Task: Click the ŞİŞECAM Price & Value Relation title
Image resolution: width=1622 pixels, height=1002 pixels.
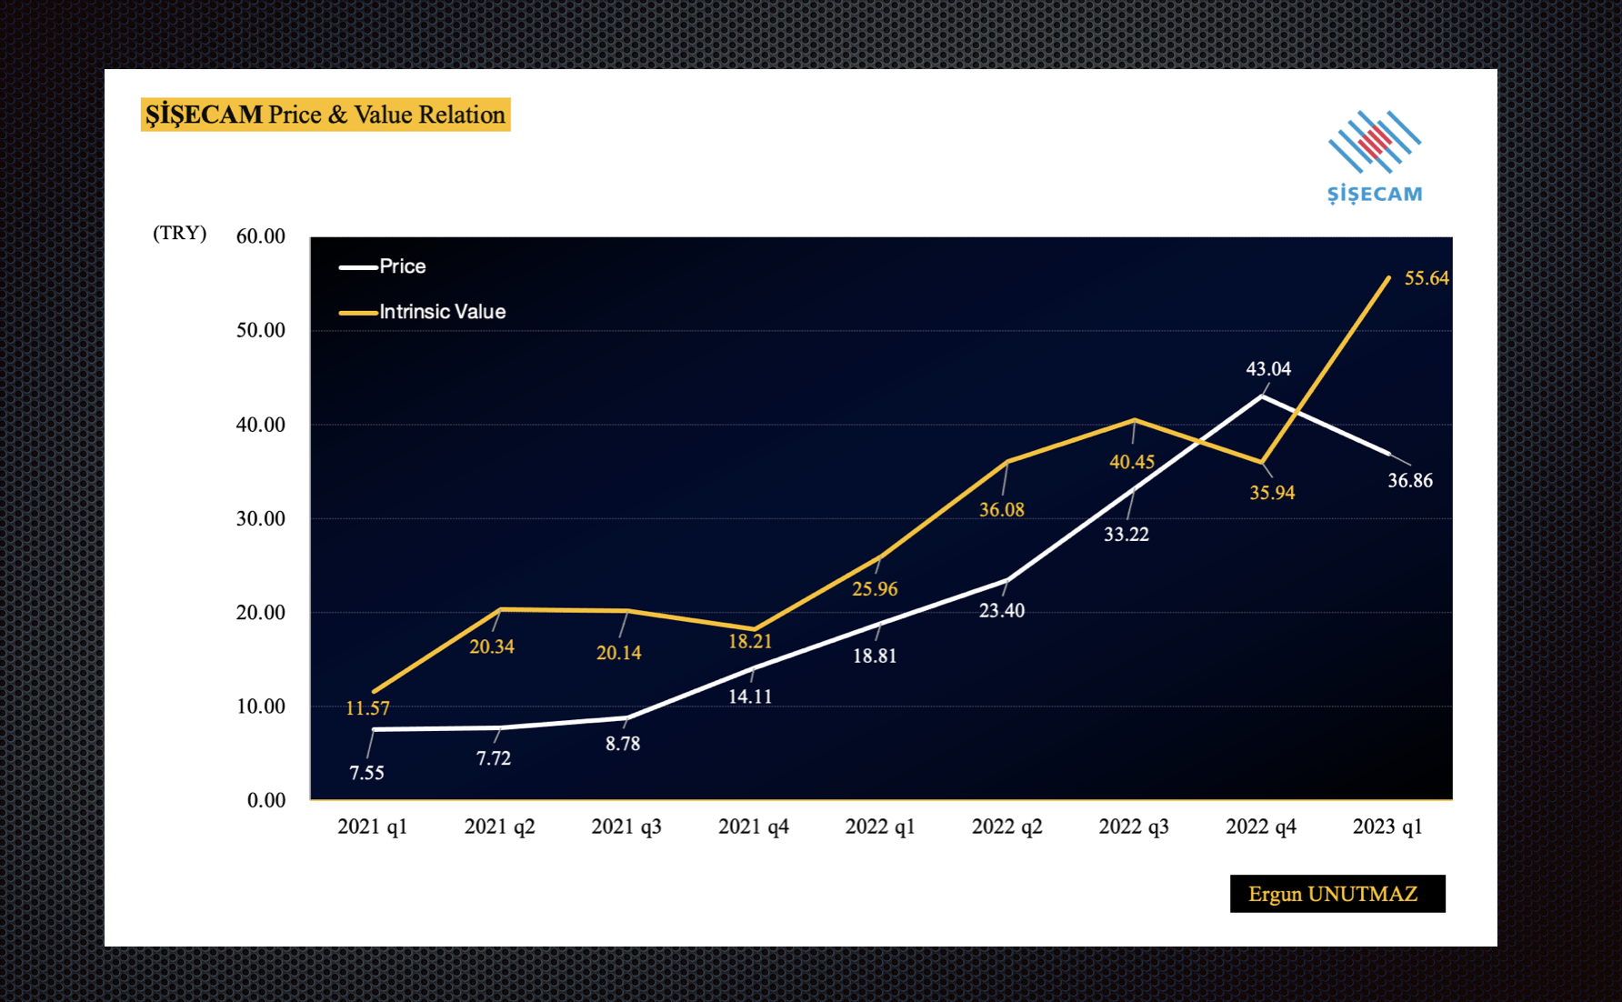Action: (x=325, y=115)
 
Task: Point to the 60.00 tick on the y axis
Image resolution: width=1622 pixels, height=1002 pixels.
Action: (x=260, y=236)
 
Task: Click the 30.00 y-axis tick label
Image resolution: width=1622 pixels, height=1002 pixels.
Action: (x=260, y=518)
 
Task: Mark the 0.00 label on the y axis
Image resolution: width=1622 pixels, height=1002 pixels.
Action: (x=265, y=800)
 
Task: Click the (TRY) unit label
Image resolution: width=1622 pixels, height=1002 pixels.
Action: (x=179, y=233)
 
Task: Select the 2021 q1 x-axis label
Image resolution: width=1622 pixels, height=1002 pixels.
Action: (x=372, y=827)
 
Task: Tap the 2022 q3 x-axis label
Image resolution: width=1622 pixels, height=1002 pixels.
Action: (x=1134, y=827)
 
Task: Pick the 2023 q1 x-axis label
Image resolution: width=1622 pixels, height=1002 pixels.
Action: (x=1387, y=827)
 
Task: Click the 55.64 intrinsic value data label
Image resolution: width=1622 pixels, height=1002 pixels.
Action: (x=1426, y=278)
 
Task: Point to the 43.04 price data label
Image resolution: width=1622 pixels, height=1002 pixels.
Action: (x=1268, y=368)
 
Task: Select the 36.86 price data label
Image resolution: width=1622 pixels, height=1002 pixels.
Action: (x=1409, y=480)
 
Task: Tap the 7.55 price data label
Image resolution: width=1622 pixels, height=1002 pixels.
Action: (x=366, y=773)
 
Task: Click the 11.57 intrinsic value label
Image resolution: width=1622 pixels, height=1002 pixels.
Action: (x=367, y=708)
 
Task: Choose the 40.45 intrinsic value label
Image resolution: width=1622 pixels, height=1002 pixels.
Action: (x=1131, y=462)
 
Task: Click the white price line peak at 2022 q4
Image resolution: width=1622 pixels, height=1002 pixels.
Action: (x=1262, y=396)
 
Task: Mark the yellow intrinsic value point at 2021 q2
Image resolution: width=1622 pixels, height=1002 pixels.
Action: (x=500, y=609)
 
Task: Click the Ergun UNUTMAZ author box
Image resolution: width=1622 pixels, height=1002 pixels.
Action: (x=1337, y=894)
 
